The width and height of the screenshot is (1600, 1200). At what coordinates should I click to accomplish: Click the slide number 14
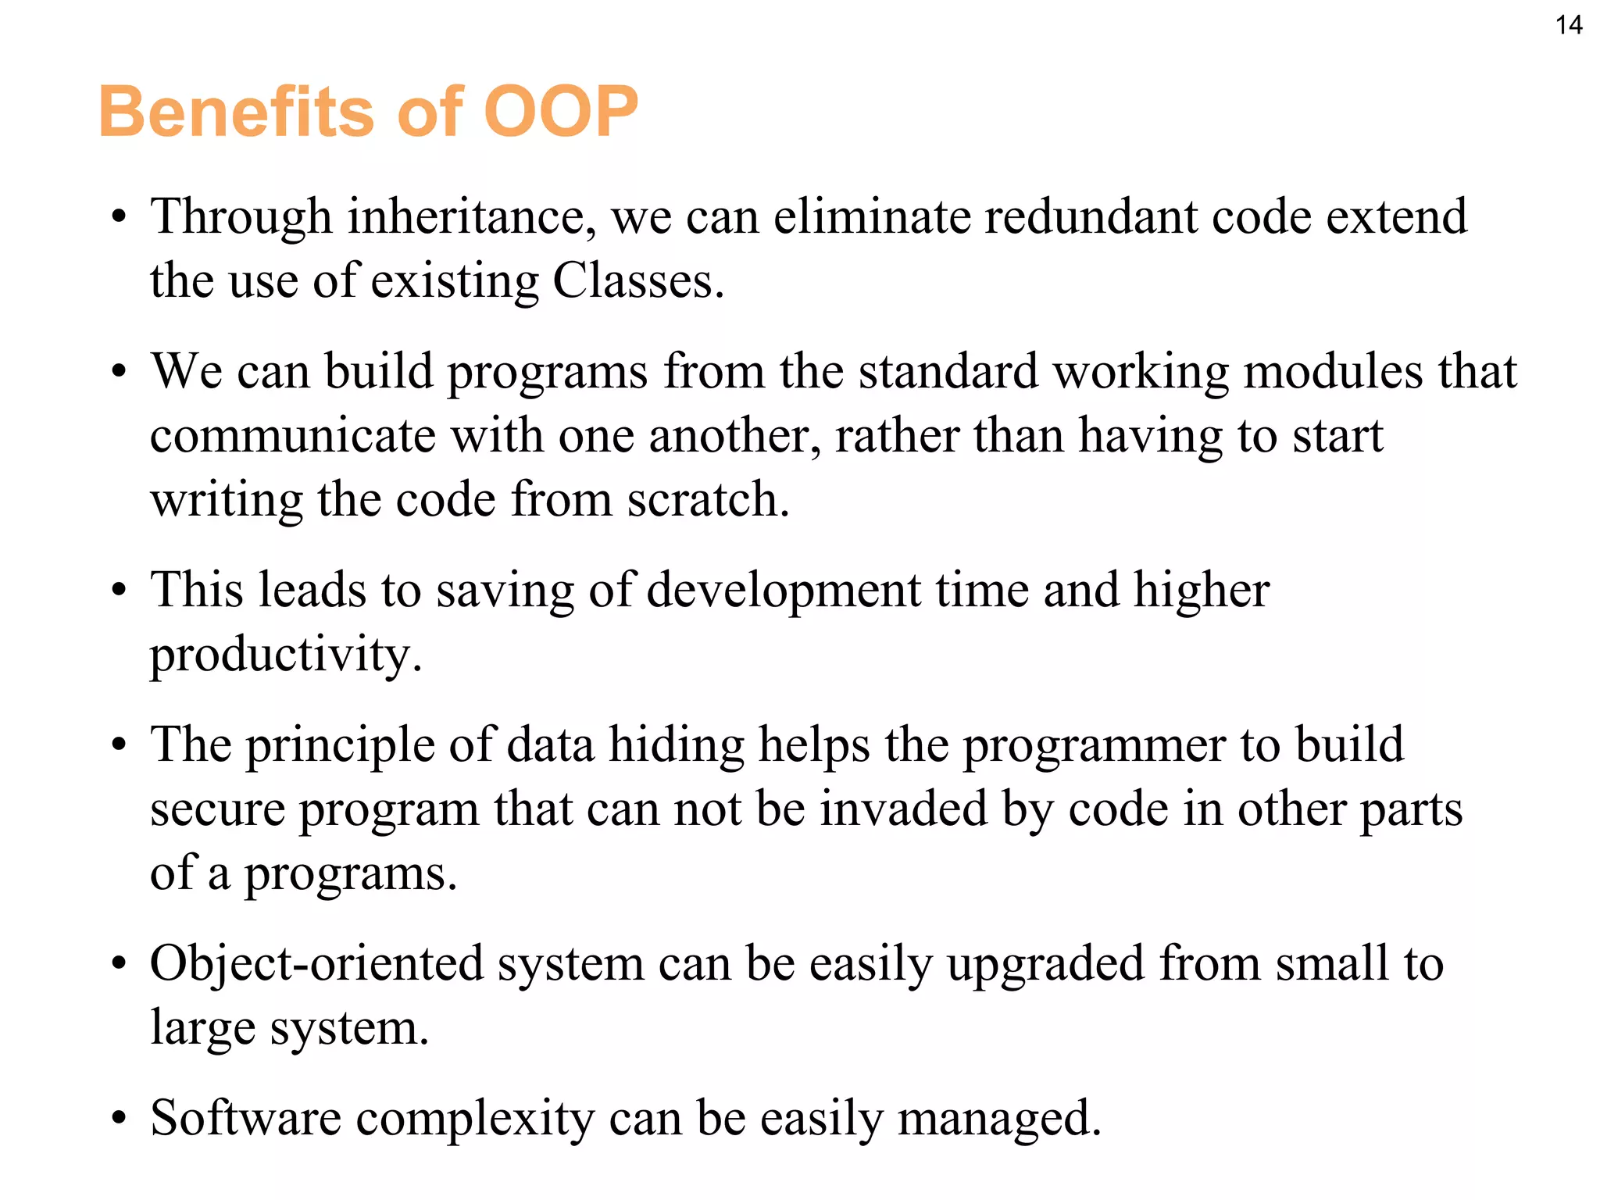[x=1568, y=25]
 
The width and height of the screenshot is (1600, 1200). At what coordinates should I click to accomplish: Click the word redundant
[x=1090, y=217]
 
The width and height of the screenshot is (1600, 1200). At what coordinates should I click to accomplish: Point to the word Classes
[x=637, y=281]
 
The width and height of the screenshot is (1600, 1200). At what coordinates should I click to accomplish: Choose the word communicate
[x=292, y=436]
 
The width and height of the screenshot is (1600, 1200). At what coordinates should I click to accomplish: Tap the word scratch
[x=707, y=500]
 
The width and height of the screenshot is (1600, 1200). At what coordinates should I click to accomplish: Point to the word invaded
[x=903, y=809]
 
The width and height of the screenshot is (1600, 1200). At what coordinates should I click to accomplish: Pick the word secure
[x=217, y=810]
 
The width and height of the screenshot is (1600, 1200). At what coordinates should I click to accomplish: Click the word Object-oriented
[x=316, y=964]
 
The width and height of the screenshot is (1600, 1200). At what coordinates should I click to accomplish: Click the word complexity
[x=475, y=1119]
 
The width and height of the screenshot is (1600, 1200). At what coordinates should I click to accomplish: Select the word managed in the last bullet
[x=998, y=1120]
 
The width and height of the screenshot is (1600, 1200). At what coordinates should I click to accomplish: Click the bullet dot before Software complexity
[x=118, y=1120]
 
